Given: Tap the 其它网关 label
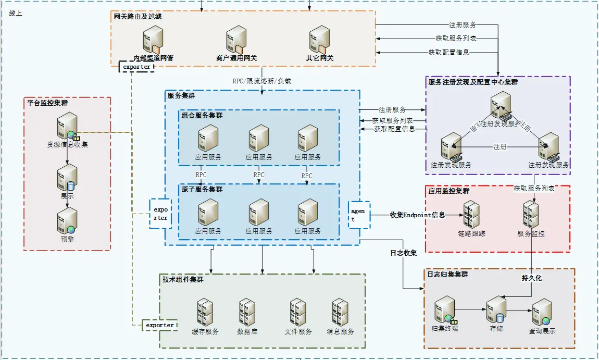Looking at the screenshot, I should click(320, 58).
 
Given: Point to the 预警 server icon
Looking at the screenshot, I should click(67, 221).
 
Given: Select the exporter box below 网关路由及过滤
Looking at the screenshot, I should click(136, 67).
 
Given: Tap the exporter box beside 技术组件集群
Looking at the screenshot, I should click(160, 325).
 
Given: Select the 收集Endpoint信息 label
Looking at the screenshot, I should click(417, 215).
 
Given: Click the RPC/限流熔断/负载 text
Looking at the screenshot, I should click(261, 81).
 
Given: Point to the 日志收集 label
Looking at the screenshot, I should click(404, 253).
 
